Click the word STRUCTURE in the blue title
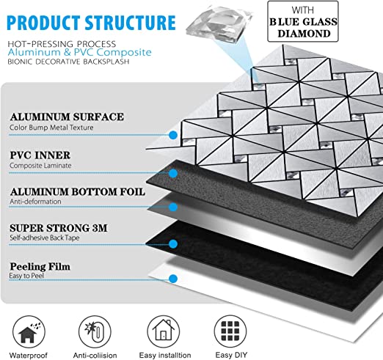(x=130, y=23)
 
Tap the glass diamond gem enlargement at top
(x=219, y=23)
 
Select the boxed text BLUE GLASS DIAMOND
(x=303, y=28)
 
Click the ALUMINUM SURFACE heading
(x=67, y=117)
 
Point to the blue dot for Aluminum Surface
(x=173, y=135)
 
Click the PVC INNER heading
(x=40, y=155)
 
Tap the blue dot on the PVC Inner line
(x=173, y=173)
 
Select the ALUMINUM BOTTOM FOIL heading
(x=78, y=192)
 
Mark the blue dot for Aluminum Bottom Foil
(x=173, y=207)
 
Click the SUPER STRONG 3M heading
(x=59, y=228)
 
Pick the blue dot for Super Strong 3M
(x=173, y=243)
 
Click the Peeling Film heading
(x=40, y=266)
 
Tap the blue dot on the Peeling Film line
(x=173, y=279)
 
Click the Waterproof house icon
(x=29, y=331)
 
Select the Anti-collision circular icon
(x=95, y=331)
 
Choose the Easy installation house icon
(x=164, y=331)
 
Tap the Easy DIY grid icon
(x=230, y=331)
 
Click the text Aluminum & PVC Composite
(x=79, y=52)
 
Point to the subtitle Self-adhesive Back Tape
(x=45, y=238)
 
